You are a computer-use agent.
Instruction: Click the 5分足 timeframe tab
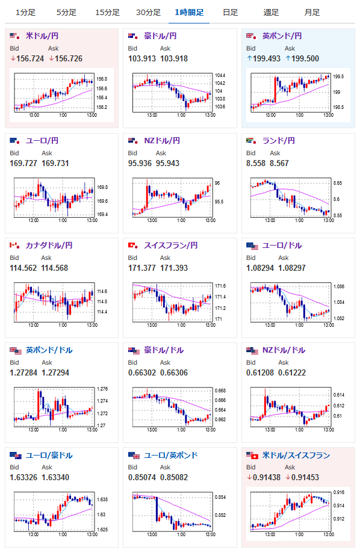tap(66, 13)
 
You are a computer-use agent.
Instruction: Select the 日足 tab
tap(230, 13)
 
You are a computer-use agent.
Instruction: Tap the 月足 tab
tap(312, 13)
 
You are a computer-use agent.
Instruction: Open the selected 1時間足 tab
tap(189, 13)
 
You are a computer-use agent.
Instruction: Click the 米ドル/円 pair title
tap(42, 36)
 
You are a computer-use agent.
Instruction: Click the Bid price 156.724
tap(30, 58)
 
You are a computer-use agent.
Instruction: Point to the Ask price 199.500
tap(305, 58)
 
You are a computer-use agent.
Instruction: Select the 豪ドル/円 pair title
tap(160, 36)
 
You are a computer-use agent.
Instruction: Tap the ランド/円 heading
tap(279, 141)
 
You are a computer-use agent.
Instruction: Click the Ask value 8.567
tap(279, 164)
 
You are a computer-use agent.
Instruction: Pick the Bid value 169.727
tap(23, 164)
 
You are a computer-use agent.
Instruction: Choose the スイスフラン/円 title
tap(171, 246)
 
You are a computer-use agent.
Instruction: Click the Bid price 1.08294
tap(260, 268)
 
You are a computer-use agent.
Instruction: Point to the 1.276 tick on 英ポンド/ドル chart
tap(102, 389)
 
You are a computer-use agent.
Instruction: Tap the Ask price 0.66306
tap(174, 373)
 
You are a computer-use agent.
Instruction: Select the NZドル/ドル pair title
tap(284, 350)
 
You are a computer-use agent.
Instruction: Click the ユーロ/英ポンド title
tap(171, 456)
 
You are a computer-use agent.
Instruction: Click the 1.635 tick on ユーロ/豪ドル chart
tap(102, 499)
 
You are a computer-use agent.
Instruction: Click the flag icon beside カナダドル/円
tap(14, 246)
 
